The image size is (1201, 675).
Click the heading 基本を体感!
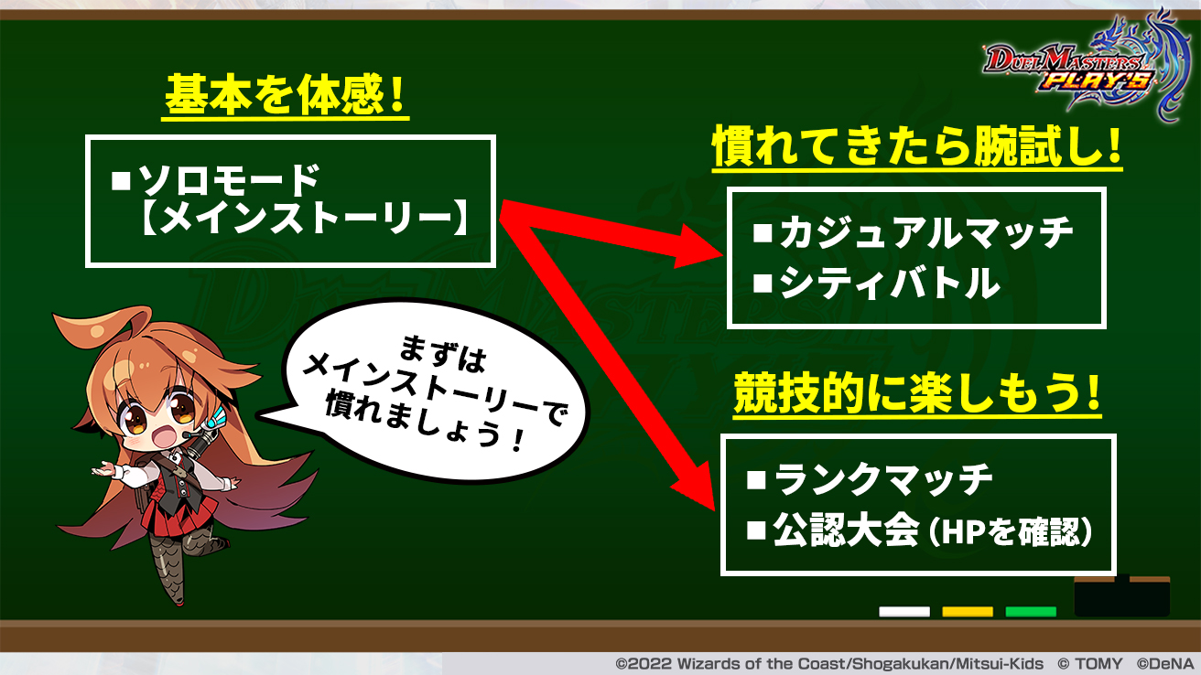click(x=285, y=95)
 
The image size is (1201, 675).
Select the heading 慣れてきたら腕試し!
click(x=917, y=145)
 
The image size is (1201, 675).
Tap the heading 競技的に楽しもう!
click(x=917, y=393)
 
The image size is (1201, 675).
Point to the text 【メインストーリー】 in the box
click(x=304, y=218)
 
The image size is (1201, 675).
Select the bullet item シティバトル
click(x=877, y=283)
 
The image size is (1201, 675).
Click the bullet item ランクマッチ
click(x=870, y=479)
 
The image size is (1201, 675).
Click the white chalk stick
click(x=904, y=612)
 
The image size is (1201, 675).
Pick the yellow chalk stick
click(x=968, y=612)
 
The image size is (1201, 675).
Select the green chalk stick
click(x=1031, y=612)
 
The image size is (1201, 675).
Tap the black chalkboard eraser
click(x=1122, y=596)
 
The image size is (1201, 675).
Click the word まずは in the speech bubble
click(x=443, y=354)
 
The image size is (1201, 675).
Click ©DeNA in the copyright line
click(x=1168, y=664)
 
